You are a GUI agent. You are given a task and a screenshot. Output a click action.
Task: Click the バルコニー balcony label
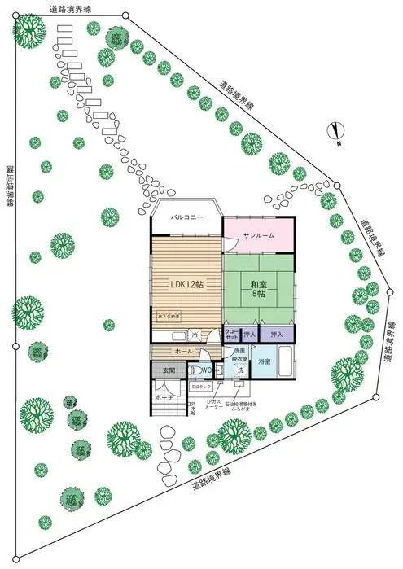click(186, 218)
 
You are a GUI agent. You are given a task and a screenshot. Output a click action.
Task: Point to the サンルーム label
click(258, 235)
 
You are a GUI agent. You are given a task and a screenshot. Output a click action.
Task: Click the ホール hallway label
click(184, 351)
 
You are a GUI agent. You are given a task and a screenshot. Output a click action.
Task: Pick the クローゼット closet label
click(230, 335)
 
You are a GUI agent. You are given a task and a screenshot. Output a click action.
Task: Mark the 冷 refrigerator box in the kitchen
click(195, 335)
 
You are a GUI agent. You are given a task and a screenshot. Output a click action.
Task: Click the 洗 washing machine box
click(240, 371)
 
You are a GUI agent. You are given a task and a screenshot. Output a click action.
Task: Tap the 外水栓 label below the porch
click(191, 407)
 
